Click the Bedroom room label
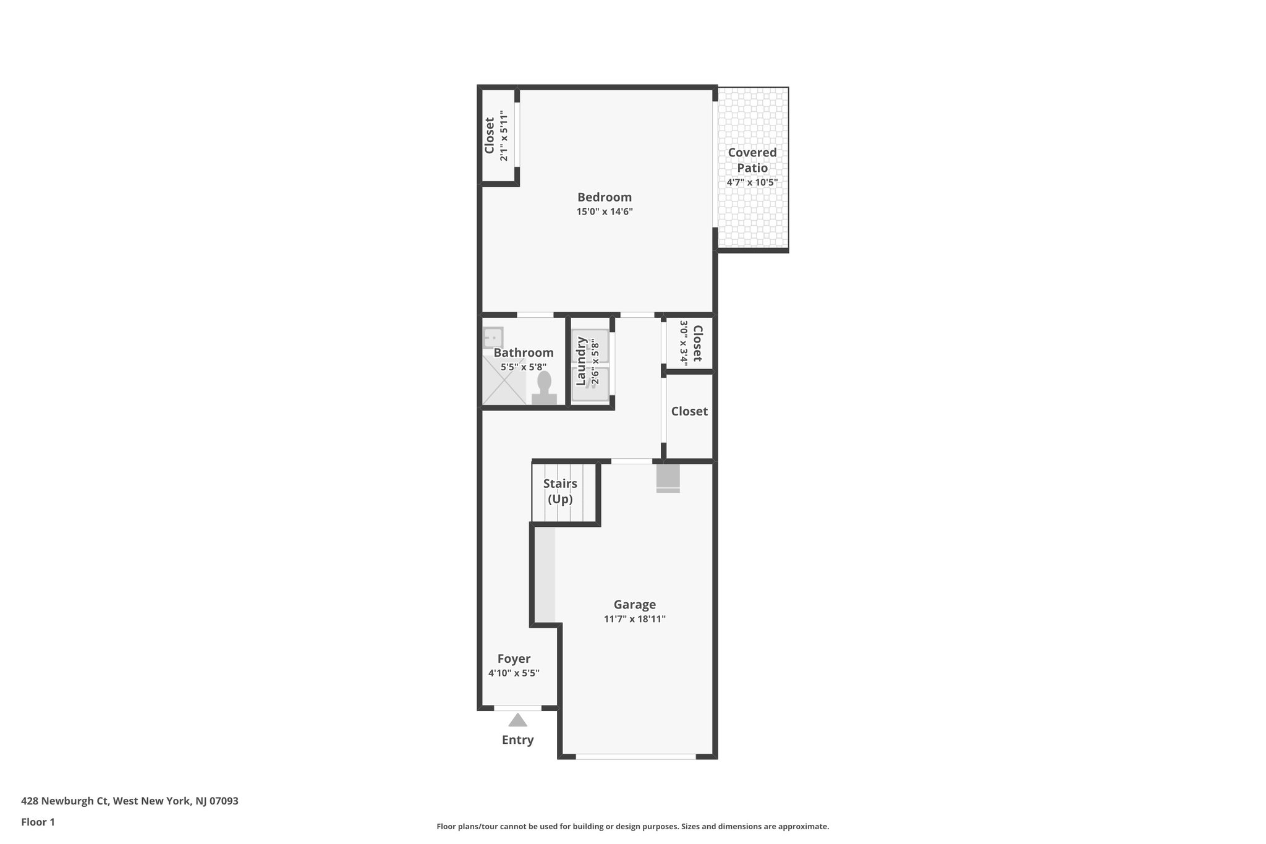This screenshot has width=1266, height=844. [604, 197]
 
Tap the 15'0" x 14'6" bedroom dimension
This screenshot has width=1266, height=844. [604, 212]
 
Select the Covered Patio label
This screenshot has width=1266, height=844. [752, 160]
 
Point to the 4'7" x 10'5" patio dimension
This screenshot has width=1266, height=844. [752, 182]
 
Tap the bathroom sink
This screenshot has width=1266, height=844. [493, 338]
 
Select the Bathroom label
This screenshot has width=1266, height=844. [523, 353]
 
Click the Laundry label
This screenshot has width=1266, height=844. [580, 361]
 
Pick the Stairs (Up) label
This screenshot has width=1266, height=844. [560, 491]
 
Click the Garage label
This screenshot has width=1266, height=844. [634, 605]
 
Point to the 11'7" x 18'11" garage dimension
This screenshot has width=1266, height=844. [634, 619]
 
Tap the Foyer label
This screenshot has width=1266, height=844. [514, 659]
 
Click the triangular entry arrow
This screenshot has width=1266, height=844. [517, 720]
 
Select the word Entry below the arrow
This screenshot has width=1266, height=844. [517, 740]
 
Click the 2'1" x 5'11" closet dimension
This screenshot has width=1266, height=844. [504, 137]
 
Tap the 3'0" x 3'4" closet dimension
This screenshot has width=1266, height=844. [684, 341]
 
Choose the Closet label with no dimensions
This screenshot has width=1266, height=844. [689, 411]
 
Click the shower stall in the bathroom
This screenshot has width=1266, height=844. [502, 382]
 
